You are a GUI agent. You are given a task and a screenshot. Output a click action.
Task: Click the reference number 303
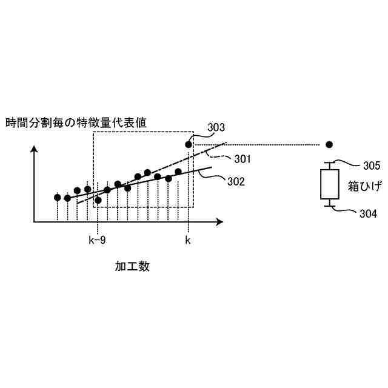(216, 128)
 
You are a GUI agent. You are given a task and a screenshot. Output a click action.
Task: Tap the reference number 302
(237, 181)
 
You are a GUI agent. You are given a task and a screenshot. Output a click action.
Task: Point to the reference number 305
(372, 166)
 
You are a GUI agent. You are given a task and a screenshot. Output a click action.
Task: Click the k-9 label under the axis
(97, 240)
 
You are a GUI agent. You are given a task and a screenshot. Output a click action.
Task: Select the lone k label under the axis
(188, 240)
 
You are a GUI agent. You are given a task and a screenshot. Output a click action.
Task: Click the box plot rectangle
(329, 184)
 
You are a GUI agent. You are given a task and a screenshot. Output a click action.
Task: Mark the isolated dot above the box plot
(329, 145)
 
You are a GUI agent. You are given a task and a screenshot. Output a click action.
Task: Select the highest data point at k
(189, 144)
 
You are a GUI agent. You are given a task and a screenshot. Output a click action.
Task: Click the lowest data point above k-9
(98, 199)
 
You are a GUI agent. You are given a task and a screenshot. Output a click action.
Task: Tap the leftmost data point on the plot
(58, 197)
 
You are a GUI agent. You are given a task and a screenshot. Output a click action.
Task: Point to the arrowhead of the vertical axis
(34, 148)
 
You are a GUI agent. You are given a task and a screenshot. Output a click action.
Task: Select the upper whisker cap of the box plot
(329, 162)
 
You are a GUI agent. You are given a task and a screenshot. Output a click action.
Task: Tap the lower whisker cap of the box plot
(329, 206)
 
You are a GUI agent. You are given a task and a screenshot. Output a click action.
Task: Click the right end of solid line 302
(212, 167)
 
